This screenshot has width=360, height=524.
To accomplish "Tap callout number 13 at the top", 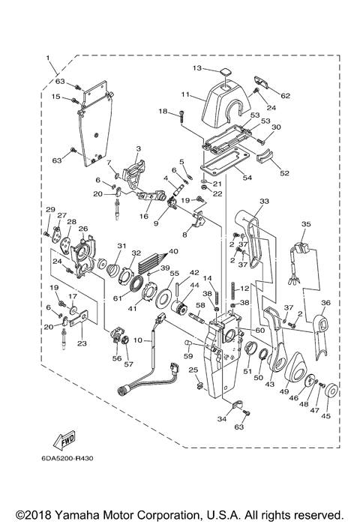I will coord(196,68).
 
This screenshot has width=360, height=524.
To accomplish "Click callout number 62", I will coord(283,95).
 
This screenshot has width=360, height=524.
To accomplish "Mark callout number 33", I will coord(263,202).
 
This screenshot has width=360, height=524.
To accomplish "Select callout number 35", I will coord(306,223).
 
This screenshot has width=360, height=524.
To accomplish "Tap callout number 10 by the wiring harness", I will coord(137,340).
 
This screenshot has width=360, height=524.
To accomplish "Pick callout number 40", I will coord(172,251).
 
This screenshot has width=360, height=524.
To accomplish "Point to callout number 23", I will coord(82,343).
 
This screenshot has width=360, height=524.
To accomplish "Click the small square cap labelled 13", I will coord(223,73).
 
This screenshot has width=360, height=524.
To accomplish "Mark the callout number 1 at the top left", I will coord(49,58).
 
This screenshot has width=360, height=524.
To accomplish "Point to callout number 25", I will coord(193,370).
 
